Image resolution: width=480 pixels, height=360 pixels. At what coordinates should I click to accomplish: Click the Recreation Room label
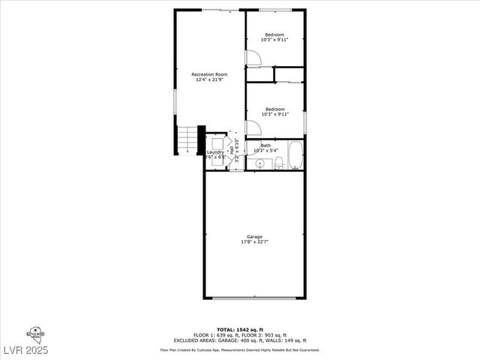pyautogui.click(x=209, y=74)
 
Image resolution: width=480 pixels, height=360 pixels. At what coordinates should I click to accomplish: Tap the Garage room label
pyautogui.click(x=255, y=236)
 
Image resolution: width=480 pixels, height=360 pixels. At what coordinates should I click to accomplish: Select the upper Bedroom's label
pyautogui.click(x=275, y=35)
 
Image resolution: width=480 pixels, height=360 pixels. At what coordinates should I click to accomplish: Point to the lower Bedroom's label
pyautogui.click(x=275, y=109)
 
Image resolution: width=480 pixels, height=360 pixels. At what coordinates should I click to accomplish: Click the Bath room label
pyautogui.click(x=266, y=145)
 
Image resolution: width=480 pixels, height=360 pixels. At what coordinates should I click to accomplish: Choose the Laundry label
pyautogui.click(x=215, y=152)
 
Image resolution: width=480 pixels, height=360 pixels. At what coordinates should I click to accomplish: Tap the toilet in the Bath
pyautogui.click(x=278, y=163)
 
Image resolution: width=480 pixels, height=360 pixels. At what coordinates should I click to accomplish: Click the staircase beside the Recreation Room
pyautogui.click(x=187, y=138)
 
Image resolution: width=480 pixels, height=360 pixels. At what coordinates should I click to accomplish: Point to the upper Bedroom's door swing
pyautogui.click(x=253, y=56)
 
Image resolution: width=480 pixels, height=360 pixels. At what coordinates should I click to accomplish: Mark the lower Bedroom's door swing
pyautogui.click(x=253, y=128)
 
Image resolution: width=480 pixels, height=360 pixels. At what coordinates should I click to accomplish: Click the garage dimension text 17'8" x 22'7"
pyautogui.click(x=255, y=241)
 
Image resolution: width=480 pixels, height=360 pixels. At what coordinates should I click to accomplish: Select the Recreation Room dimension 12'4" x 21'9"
pyautogui.click(x=209, y=79)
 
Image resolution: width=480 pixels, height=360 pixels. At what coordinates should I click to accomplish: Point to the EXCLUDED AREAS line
pyautogui.click(x=240, y=340)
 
